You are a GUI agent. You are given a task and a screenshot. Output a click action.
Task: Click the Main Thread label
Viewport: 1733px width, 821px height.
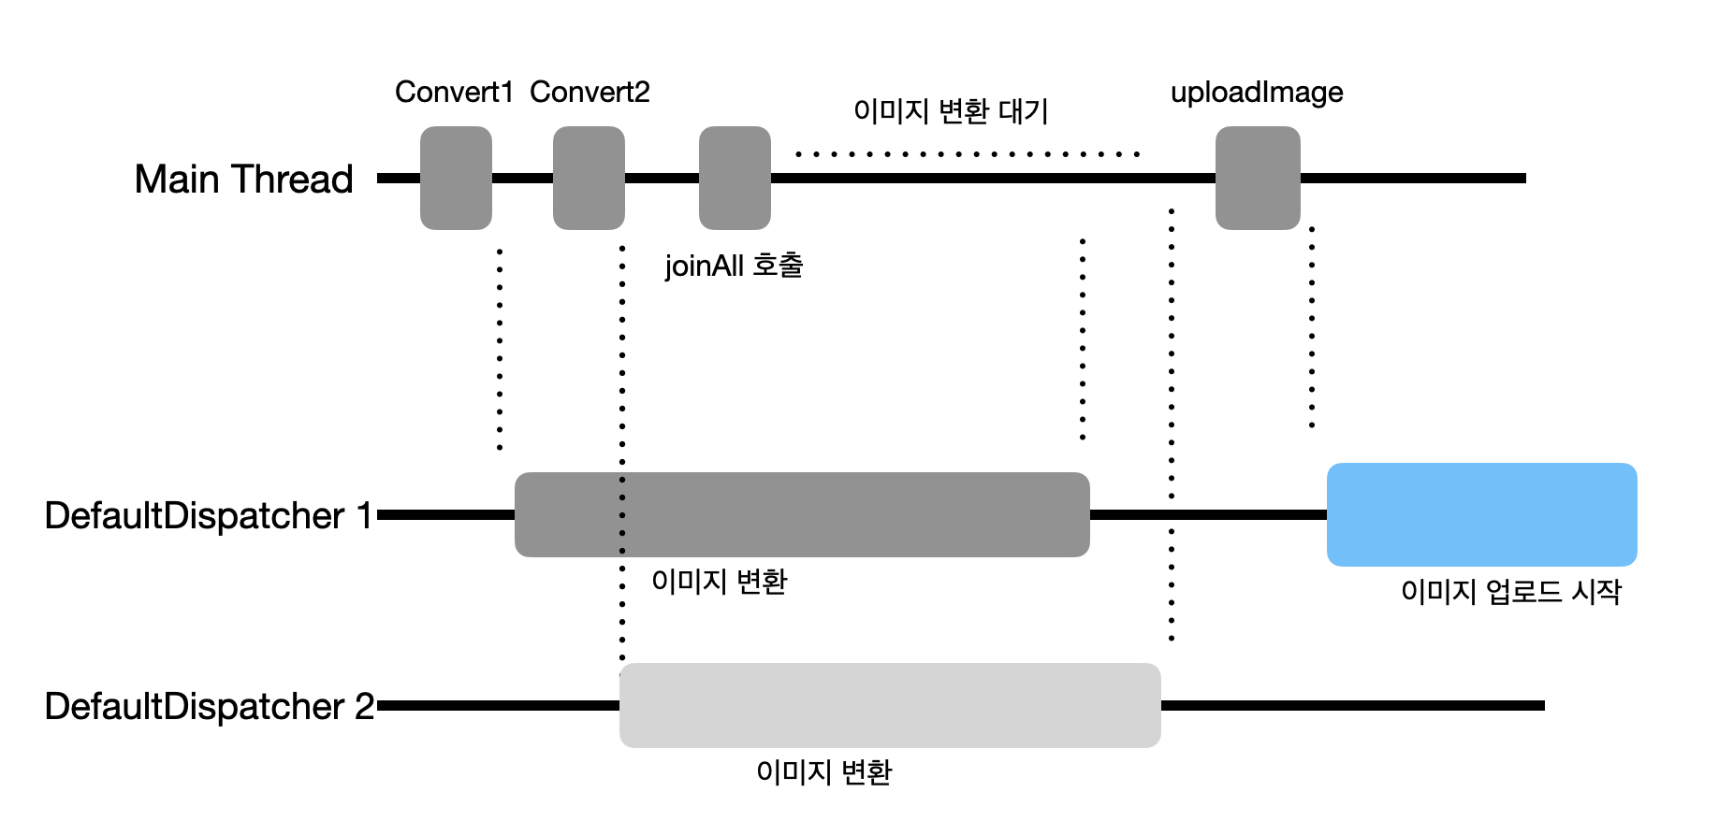243,179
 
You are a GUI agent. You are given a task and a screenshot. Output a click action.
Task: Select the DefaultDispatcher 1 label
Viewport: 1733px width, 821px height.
209,515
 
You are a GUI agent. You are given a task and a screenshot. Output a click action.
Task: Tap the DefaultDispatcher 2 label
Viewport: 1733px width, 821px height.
209,706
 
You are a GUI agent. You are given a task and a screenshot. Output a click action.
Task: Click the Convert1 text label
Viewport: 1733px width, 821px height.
454,92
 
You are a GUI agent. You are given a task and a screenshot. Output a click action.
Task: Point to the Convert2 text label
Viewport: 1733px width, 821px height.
590,92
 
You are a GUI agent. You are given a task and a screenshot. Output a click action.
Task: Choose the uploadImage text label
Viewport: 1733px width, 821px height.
1257,92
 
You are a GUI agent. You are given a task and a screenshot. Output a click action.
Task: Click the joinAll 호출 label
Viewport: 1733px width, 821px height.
734,266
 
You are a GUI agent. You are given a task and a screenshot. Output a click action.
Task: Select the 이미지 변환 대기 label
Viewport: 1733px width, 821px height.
951,111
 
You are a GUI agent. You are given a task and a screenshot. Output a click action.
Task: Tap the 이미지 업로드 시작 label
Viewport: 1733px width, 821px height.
1510,591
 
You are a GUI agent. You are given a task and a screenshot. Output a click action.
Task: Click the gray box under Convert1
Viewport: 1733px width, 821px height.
456,178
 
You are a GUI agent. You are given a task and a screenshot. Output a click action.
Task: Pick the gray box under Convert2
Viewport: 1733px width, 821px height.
589,178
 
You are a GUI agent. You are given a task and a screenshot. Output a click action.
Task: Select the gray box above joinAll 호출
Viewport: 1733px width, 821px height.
735,178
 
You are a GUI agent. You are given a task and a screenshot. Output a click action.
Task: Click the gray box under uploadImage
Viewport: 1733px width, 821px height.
1258,178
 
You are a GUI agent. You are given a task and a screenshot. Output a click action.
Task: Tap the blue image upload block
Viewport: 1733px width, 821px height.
1481,514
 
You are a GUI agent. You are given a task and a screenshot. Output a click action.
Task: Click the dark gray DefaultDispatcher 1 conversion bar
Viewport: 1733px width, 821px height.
802,514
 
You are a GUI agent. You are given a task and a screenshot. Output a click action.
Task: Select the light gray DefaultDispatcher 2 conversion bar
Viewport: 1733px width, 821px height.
890,705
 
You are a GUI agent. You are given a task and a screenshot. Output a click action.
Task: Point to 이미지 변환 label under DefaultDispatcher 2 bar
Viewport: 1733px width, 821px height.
823,772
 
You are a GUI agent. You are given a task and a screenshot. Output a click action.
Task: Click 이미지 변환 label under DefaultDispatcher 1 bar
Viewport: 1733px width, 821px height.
719,582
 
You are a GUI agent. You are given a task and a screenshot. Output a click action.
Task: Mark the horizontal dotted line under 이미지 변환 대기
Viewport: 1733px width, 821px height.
967,153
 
